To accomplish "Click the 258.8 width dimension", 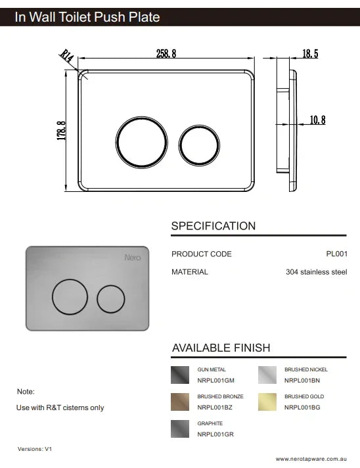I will pos(166,54).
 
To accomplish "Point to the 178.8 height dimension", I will pos(61,130).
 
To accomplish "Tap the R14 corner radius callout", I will pos(66,57).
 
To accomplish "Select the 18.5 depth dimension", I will pos(310,54).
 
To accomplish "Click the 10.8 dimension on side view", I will pos(317,120).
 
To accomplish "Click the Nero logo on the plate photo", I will pos(132,258).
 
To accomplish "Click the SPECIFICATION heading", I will pos(213,226).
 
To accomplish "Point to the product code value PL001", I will pos(336,254).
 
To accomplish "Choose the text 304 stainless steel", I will pos(316,271).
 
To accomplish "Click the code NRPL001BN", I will pos(302,381).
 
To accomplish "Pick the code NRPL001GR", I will pos(215,434).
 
